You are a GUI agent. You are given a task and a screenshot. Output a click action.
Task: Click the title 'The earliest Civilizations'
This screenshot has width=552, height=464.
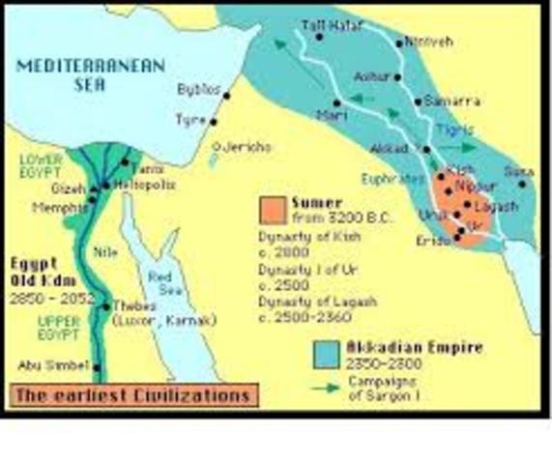pos(131,394)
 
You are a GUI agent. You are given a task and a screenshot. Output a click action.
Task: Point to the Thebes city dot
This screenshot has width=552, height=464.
pos(103,306)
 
